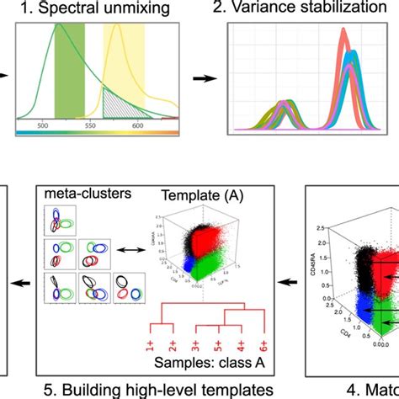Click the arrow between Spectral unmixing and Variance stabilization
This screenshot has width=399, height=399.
[x=203, y=80]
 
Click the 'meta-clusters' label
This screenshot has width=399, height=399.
[x=76, y=194]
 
